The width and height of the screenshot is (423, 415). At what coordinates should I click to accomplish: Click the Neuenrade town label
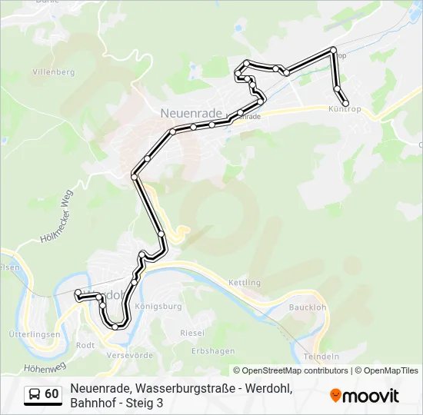click(x=191, y=112)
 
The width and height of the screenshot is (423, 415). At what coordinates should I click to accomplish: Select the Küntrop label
click(x=344, y=110)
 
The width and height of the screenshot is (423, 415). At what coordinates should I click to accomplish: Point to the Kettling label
click(x=245, y=283)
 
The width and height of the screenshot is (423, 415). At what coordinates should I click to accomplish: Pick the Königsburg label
click(x=158, y=306)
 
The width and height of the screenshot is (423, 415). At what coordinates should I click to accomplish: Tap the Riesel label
click(x=192, y=333)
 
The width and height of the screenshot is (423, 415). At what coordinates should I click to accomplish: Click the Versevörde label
click(x=127, y=356)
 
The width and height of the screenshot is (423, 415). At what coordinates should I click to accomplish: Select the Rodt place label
click(x=85, y=345)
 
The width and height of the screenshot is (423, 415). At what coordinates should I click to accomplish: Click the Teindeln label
click(x=321, y=357)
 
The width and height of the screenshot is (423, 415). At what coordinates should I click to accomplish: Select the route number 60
click(x=52, y=394)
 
